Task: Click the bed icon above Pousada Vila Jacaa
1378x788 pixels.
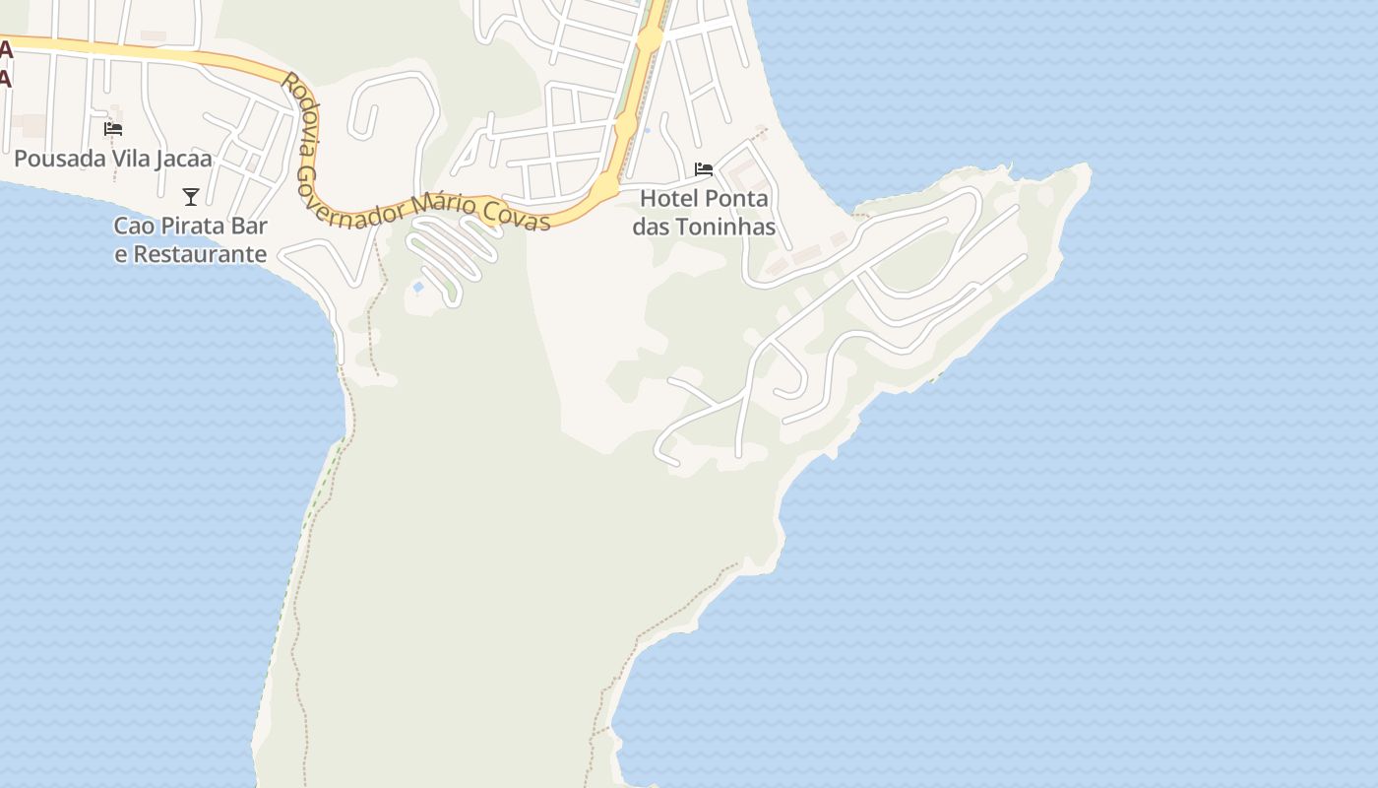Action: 113,129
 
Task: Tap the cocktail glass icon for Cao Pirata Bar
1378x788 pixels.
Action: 191,197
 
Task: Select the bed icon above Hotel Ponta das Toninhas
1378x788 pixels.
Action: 703,169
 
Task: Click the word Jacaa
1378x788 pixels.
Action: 182,159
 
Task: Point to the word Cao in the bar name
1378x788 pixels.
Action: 133,226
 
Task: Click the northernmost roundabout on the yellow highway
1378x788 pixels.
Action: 649,39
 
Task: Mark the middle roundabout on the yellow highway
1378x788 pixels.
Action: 625,125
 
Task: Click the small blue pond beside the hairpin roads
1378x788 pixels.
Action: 418,288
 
